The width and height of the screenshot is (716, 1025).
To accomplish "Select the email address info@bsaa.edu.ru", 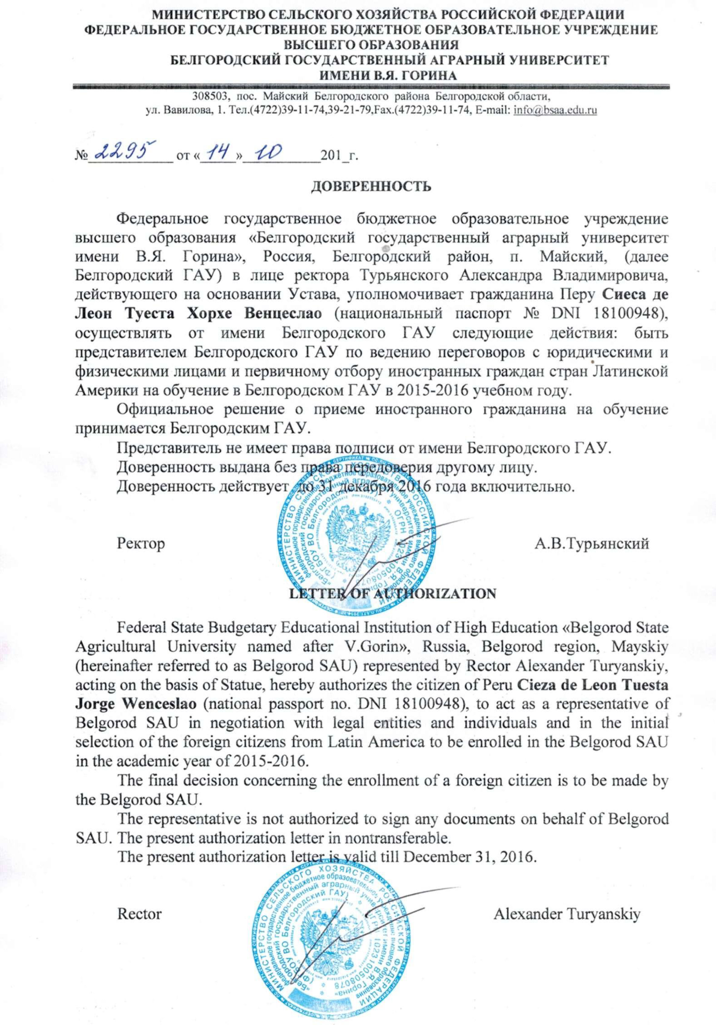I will coord(555,109).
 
